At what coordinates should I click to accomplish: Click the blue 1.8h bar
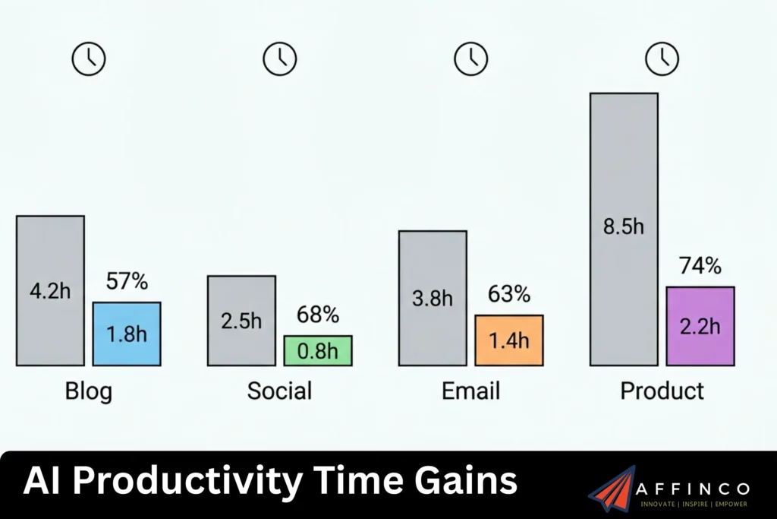127,334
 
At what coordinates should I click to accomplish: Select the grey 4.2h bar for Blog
50,290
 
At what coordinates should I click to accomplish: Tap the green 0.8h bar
318,350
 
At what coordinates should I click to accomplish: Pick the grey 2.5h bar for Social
241,320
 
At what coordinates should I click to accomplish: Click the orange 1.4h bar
509,340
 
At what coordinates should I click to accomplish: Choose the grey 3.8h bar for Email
433,298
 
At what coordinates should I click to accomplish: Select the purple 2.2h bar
700,326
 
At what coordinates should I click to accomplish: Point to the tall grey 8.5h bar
624,229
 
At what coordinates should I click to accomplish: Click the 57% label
127,281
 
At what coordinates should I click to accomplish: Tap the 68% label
318,315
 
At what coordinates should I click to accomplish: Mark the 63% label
509,294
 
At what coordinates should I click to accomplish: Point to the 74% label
700,266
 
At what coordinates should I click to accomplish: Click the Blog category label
88,391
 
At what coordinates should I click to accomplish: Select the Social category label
279,391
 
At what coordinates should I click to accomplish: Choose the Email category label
470,391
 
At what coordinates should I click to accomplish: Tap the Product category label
662,391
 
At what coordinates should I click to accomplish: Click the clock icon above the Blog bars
89,59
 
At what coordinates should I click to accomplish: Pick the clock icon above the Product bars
662,59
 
